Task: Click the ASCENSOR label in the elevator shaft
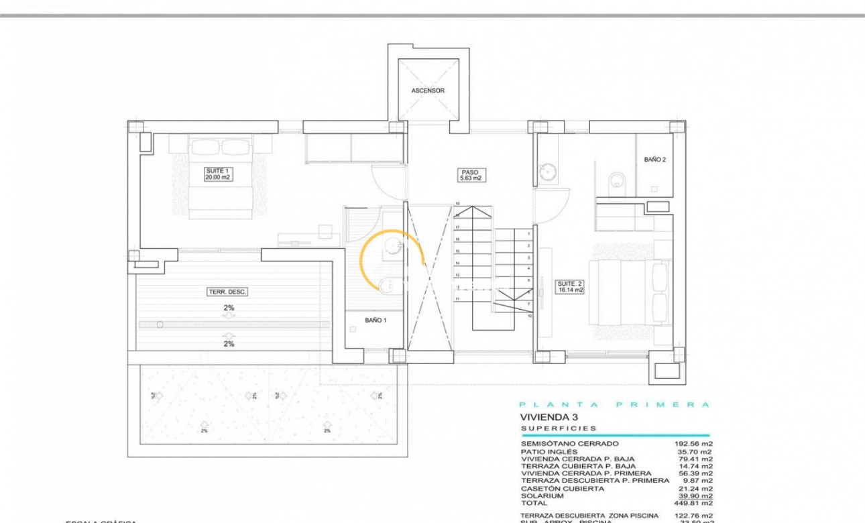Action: (x=428, y=91)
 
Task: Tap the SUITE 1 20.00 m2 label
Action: (x=219, y=175)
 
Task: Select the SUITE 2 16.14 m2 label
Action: (x=570, y=287)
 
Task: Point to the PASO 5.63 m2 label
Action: (x=471, y=175)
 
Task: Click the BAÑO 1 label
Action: (x=376, y=321)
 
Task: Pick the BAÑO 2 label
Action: (x=655, y=160)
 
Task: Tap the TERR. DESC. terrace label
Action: (x=227, y=292)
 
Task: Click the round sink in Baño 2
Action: (x=549, y=172)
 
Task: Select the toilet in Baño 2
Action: (x=617, y=180)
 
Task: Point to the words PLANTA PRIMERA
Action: (x=614, y=404)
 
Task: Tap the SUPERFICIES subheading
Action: (x=559, y=428)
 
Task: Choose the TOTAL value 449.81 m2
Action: (x=693, y=503)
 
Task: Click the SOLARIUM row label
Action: (x=542, y=496)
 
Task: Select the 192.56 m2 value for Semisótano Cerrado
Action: (x=693, y=444)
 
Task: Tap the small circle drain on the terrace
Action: (x=160, y=325)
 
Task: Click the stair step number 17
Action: (x=457, y=227)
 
